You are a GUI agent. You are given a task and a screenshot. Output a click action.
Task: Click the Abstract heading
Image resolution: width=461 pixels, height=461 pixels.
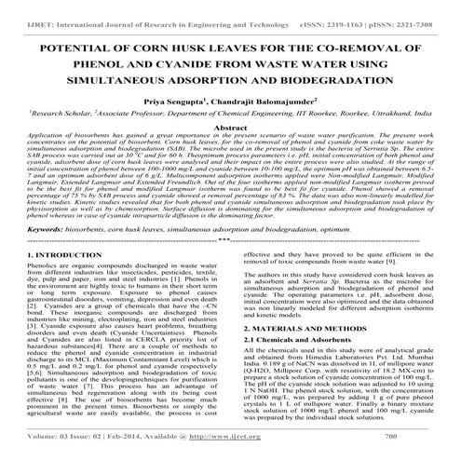pyautogui.click(x=230, y=132)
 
